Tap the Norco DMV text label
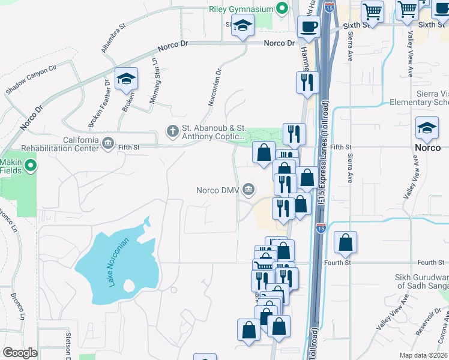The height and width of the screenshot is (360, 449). [218, 191]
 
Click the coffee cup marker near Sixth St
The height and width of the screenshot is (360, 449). [309, 27]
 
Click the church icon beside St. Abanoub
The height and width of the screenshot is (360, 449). [173, 130]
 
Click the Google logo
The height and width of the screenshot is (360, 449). [20, 353]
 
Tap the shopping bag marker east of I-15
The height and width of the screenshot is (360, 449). [345, 243]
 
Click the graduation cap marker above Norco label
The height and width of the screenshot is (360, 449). [427, 128]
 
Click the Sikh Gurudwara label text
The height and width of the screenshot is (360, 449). [421, 281]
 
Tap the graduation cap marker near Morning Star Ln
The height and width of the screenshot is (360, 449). [126, 80]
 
